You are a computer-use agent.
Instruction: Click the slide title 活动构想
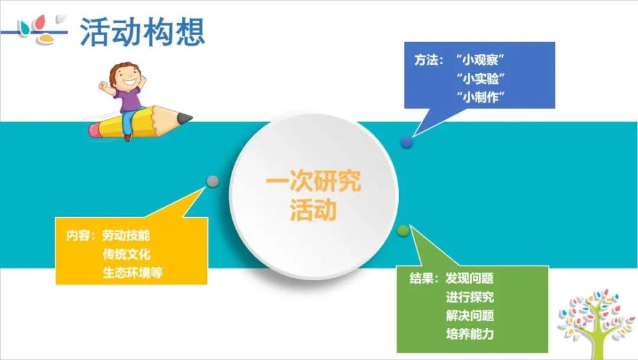142,32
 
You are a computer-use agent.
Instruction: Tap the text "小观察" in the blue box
480,60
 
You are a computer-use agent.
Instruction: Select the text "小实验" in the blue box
480,78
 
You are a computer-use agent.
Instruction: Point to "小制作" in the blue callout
480,97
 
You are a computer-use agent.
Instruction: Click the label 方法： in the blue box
429,60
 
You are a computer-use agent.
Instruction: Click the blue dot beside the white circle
406,142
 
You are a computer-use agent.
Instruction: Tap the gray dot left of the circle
212,181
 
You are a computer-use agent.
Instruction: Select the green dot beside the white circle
403,230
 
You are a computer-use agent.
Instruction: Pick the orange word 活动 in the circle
313,210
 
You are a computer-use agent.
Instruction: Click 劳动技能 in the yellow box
126,236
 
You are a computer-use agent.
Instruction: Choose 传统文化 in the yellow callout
126,254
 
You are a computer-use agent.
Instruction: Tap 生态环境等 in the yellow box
132,273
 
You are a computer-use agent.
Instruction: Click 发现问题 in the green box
470,278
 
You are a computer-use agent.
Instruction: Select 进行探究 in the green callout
470,297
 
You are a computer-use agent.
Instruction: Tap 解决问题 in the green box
470,315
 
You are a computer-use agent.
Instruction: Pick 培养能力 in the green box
470,334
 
